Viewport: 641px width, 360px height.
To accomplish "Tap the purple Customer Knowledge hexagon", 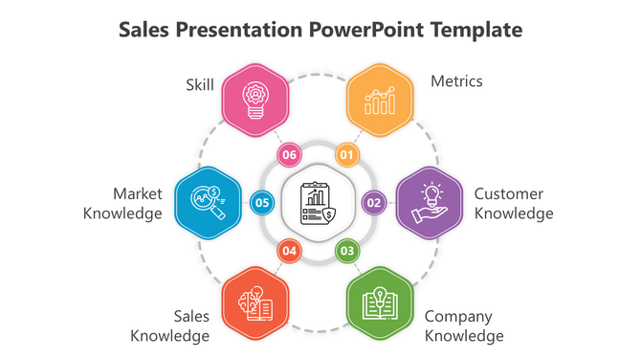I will pos(430,202).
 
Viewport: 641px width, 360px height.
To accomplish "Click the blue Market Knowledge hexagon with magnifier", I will pos(208,202).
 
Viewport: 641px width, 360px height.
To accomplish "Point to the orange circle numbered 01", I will pos(346,154).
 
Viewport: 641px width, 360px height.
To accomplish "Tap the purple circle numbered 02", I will pos(373,202).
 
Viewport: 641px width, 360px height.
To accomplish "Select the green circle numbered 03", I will pos(347,251).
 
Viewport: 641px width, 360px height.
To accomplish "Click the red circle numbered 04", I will pos(290,251).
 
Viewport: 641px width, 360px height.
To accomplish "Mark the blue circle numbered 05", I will pos(262,202).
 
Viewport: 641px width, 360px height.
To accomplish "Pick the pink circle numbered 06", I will pos(290,154).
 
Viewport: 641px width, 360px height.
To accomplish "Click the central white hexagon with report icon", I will pos(319,202).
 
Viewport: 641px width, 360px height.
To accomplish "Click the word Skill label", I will pos(200,85).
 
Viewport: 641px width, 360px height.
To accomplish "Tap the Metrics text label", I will pos(456,81).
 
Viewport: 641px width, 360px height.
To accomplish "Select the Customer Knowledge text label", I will pos(513,203).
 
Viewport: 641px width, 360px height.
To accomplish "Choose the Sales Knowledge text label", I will pos(170,326).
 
